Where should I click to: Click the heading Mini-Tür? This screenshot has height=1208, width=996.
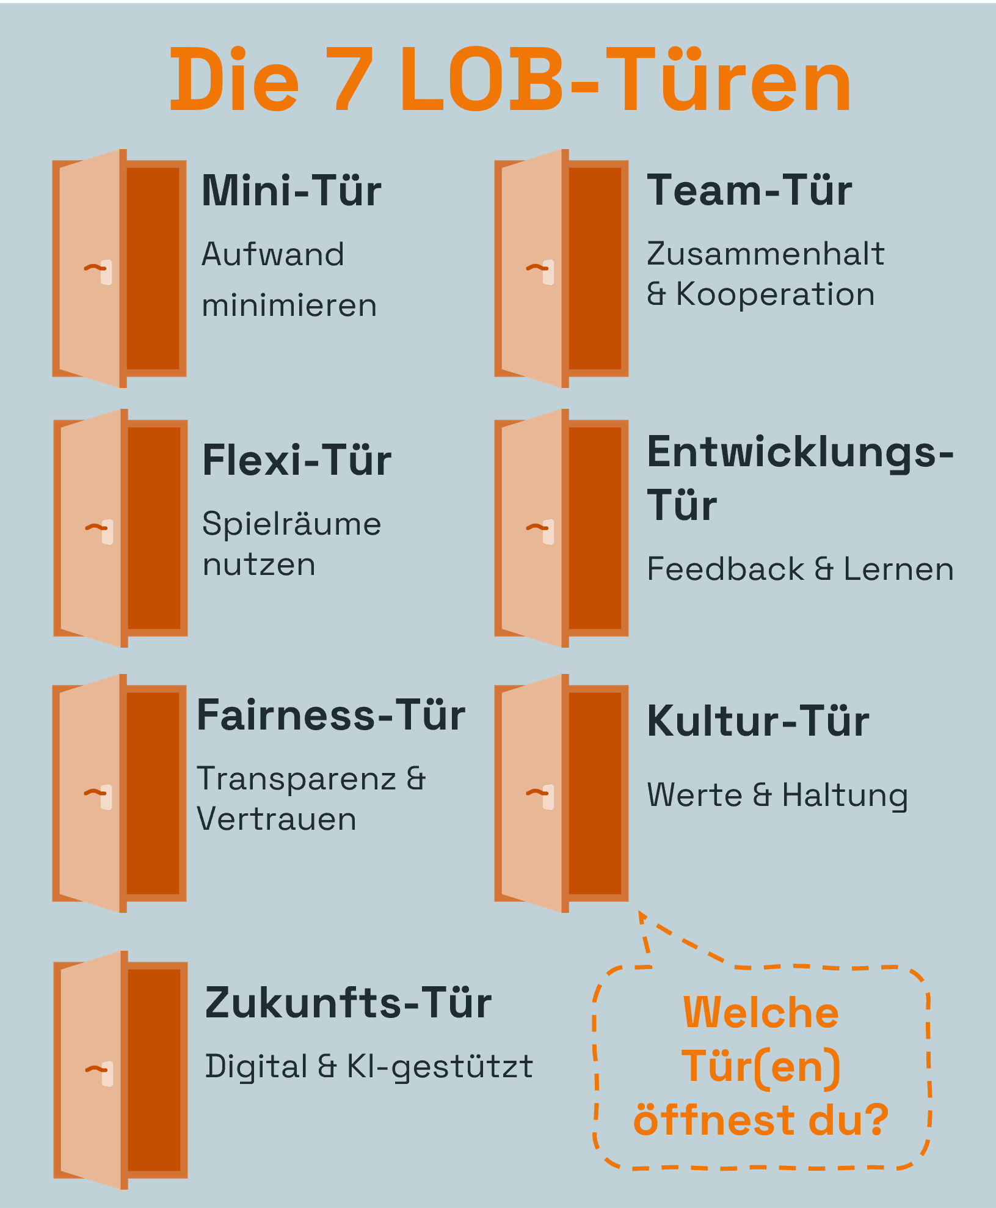pyautogui.click(x=291, y=191)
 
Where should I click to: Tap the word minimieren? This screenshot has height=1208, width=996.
pyautogui.click(x=289, y=306)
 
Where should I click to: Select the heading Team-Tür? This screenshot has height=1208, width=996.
pyautogui.click(x=749, y=191)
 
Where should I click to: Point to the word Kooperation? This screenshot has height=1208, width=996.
pyautogui.click(x=775, y=295)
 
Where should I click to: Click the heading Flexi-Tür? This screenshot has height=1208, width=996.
pyautogui.click(x=297, y=461)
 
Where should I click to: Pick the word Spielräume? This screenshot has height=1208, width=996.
pyautogui.click(x=291, y=524)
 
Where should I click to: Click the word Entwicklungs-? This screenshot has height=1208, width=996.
pyautogui.click(x=800, y=453)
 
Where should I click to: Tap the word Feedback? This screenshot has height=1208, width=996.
pyautogui.click(x=725, y=569)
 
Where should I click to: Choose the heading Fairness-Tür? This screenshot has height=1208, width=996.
pyautogui.click(x=330, y=716)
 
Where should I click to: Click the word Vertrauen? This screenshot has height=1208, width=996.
pyautogui.click(x=277, y=819)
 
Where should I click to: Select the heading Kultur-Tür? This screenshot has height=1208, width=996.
pyautogui.click(x=758, y=722)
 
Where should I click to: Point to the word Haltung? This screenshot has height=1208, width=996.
pyautogui.click(x=845, y=796)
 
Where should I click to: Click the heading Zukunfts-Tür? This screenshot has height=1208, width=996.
pyautogui.click(x=348, y=1003)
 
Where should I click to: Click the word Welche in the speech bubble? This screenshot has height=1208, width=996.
pyautogui.click(x=761, y=1013)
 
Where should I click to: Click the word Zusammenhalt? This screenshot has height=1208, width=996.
pyautogui.click(x=765, y=254)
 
